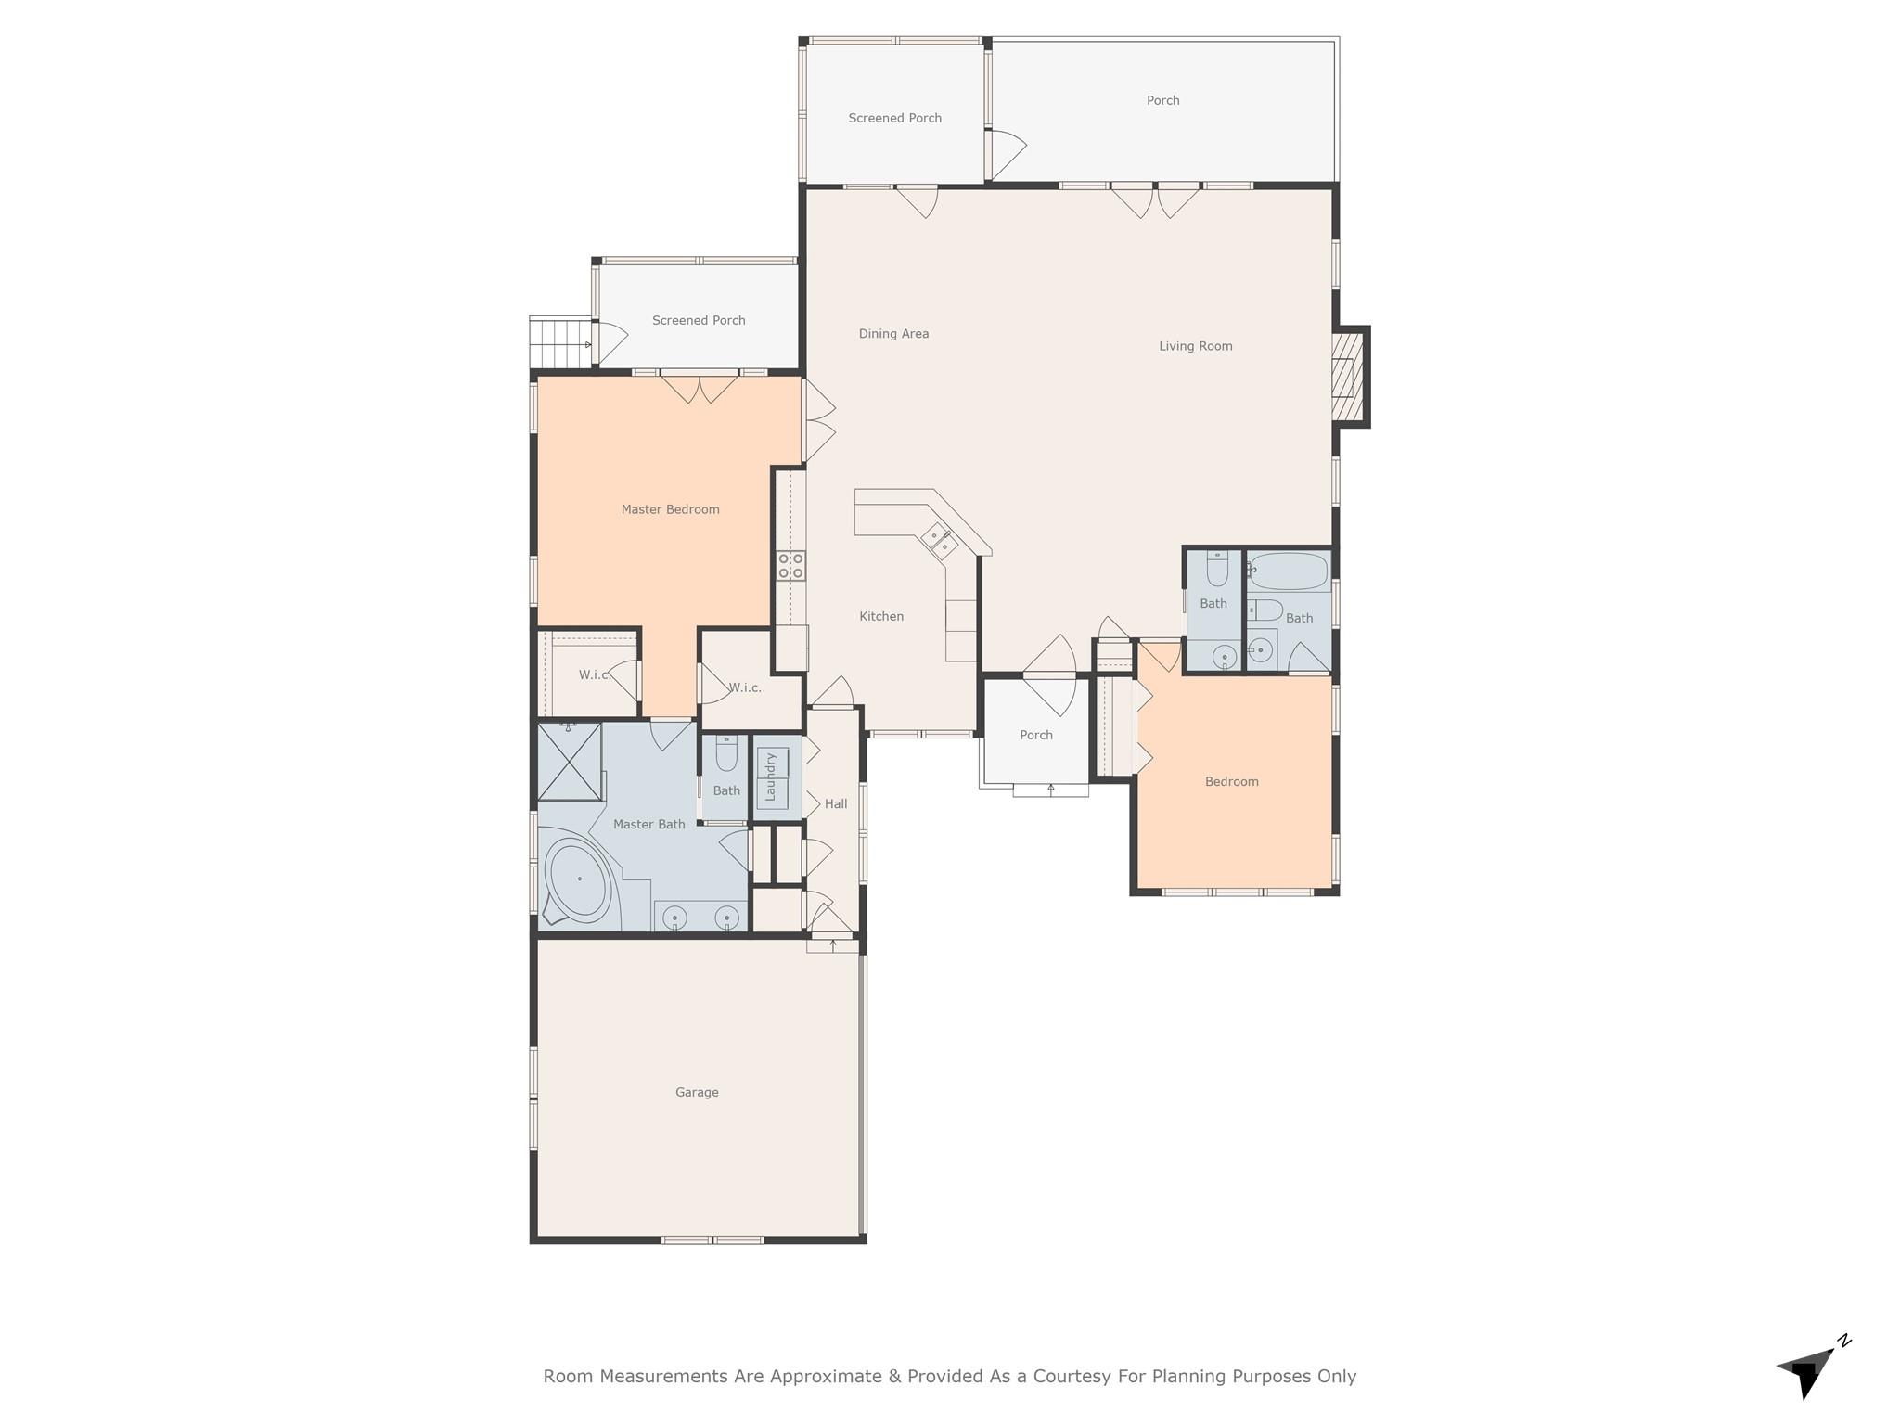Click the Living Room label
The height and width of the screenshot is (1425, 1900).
1195,346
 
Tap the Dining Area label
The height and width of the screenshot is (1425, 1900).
892,334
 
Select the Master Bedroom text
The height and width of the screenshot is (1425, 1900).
670,509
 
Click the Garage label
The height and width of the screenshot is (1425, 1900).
697,1092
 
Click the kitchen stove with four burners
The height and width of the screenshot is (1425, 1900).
790,566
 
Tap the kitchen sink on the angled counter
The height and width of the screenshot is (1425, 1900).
939,540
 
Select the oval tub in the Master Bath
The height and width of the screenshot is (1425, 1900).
576,879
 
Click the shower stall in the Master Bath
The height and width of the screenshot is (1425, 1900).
569,762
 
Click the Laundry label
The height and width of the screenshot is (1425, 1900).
770,777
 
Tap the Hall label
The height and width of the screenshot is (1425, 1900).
836,804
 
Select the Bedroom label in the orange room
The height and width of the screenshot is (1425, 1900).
1231,782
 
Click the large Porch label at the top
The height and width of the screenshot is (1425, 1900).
1162,100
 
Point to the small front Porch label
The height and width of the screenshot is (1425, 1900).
1035,735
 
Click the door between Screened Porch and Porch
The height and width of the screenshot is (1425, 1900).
1006,152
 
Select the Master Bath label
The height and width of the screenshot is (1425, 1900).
648,824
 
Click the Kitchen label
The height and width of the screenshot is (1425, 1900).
880,616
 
